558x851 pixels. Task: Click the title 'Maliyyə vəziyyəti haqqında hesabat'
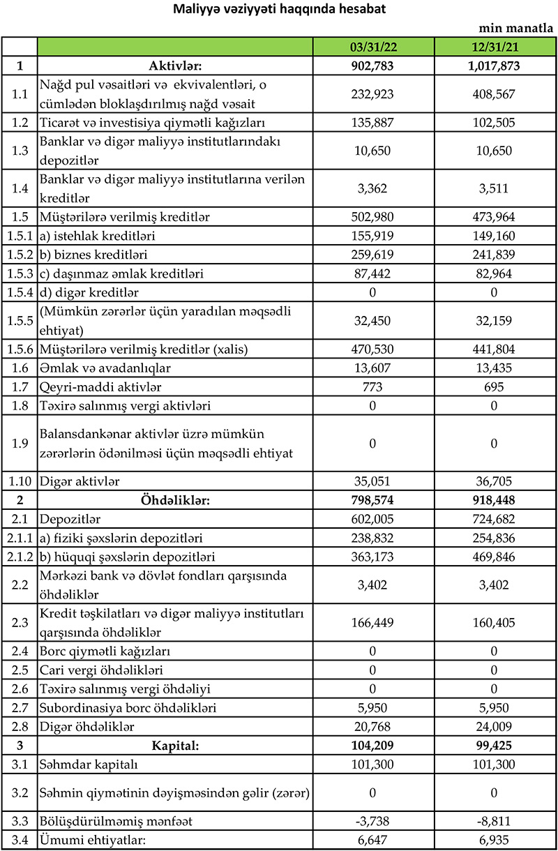click(x=278, y=10)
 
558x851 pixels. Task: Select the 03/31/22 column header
click(x=373, y=47)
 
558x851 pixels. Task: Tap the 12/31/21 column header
click(x=495, y=47)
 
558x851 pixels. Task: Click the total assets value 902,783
click(x=373, y=66)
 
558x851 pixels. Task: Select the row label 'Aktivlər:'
click(x=175, y=66)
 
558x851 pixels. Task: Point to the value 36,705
click(x=495, y=480)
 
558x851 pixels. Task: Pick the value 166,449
click(x=373, y=621)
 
